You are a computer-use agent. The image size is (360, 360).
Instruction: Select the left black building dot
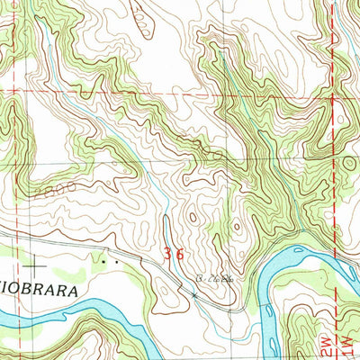pyautogui.click(x=105, y=262)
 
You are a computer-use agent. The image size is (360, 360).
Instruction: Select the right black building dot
pyautogui.click(x=114, y=262)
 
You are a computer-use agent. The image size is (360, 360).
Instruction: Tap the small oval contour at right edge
pyautogui.click(x=348, y=165)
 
